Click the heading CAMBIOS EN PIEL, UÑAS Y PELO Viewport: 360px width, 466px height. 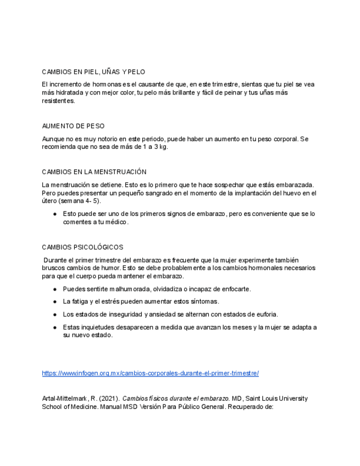(93, 72)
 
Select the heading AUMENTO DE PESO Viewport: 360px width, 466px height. (73, 126)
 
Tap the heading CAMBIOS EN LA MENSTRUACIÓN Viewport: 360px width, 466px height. (94, 172)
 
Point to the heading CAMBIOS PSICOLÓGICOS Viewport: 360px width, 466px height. (82, 247)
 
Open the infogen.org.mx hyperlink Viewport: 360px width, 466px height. (150, 373)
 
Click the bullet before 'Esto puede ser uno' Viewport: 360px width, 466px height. (55, 214)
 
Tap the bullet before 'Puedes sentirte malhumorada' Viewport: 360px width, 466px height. (55, 289)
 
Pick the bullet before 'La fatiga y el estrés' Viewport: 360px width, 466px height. (55, 302)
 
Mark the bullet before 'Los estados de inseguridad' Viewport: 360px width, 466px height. (55, 314)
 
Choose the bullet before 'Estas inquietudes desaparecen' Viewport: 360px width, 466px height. (55, 327)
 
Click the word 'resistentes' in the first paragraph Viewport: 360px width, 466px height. (58, 101)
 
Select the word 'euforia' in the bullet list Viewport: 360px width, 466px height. (267, 314)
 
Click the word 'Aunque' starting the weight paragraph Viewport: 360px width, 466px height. (53, 139)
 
